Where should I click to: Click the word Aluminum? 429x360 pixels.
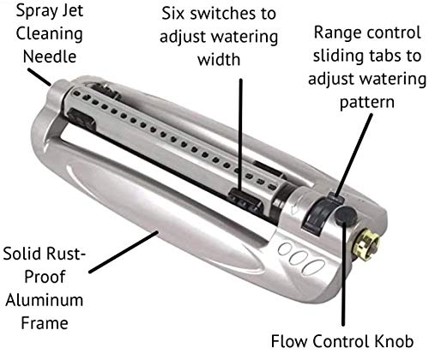(42, 300)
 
